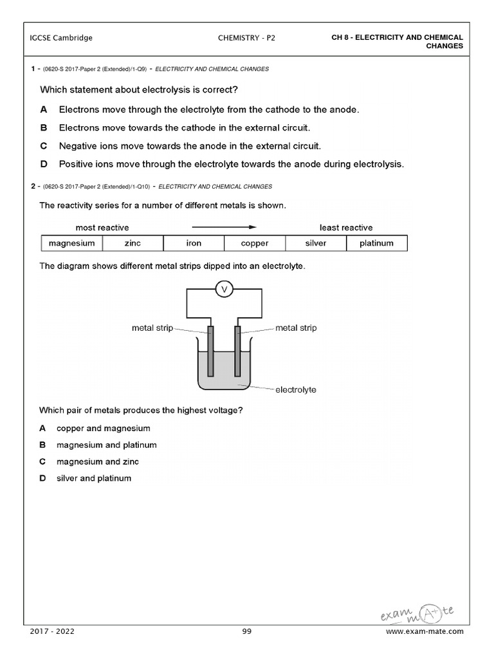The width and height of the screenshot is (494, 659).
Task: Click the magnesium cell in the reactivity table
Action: click(71, 243)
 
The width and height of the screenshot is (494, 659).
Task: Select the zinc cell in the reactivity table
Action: click(133, 243)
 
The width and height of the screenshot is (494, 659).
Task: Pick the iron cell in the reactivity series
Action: click(194, 243)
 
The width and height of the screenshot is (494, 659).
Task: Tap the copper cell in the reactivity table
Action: click(255, 243)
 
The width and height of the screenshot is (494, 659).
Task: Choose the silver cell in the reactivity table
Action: click(316, 243)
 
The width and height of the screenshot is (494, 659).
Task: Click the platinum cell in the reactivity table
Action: click(376, 243)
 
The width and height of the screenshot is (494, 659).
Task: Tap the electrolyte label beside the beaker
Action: click(295, 389)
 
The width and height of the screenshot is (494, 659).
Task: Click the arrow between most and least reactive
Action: click(224, 227)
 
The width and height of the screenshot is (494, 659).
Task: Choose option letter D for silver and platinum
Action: click(42, 478)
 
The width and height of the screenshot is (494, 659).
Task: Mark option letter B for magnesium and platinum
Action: click(42, 445)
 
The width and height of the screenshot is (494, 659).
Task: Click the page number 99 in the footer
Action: click(247, 631)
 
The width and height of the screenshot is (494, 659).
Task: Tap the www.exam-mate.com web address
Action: click(425, 631)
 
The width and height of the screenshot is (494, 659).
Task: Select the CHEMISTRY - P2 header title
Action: click(247, 38)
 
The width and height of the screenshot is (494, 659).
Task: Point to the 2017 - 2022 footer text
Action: click(52, 631)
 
